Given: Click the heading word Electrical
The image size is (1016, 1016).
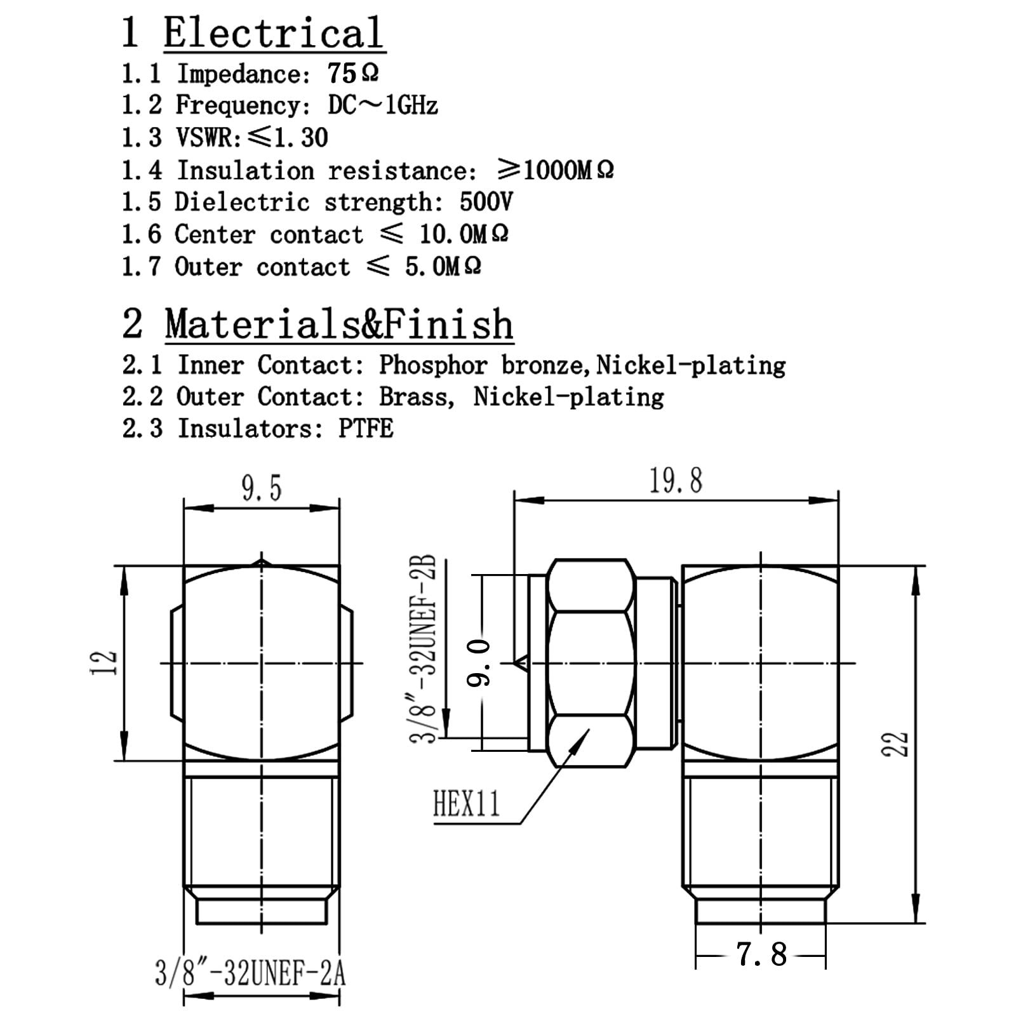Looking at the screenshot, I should tap(274, 33).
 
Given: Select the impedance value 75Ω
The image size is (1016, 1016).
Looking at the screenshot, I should tap(353, 74).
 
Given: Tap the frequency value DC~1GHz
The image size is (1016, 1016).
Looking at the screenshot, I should tap(383, 105).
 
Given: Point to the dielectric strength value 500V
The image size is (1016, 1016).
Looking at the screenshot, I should tap(486, 202).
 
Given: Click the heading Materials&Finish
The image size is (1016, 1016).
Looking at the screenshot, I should tap(339, 324).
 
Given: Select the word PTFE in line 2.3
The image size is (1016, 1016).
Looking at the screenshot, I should tap(366, 429).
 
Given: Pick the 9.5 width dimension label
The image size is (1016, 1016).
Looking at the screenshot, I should tap(261, 488).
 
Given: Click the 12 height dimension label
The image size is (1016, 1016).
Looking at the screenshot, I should tap(105, 662).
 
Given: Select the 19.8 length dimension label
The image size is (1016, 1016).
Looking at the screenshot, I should tap(676, 481).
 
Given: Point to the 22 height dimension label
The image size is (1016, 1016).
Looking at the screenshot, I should tap(896, 744).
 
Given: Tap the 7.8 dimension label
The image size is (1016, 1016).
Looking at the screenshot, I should tap(761, 954).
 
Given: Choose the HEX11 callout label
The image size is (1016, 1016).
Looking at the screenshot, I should tap(467, 803).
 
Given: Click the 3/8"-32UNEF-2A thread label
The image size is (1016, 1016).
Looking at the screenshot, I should tap(250, 973).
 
